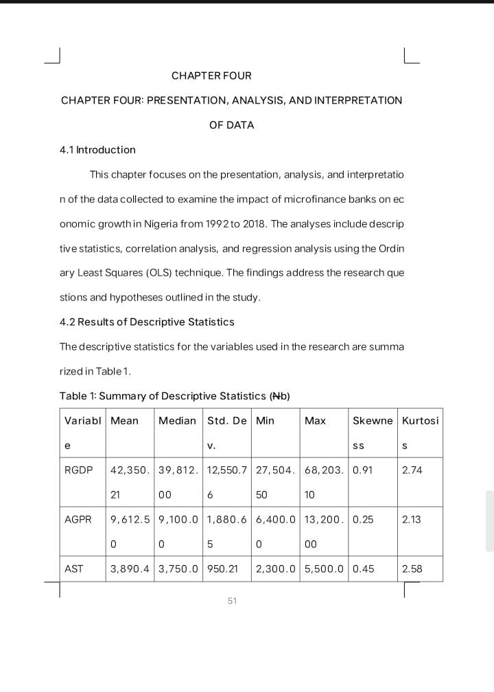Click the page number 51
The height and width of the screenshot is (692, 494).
232,601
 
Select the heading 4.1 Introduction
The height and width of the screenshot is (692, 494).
97,150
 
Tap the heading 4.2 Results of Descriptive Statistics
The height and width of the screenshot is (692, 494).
147,322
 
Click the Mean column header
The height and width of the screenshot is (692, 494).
124,420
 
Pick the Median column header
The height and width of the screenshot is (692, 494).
177,420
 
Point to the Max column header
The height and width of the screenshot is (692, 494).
315,420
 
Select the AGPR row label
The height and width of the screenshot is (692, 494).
78,519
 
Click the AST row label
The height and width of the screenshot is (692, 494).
74,569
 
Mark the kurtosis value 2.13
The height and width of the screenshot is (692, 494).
412,519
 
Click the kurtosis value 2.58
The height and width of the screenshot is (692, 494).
412,569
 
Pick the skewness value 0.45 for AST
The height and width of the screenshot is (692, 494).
363,569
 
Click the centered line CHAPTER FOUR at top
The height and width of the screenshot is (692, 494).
211,75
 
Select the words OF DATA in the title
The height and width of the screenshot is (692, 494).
232,125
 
